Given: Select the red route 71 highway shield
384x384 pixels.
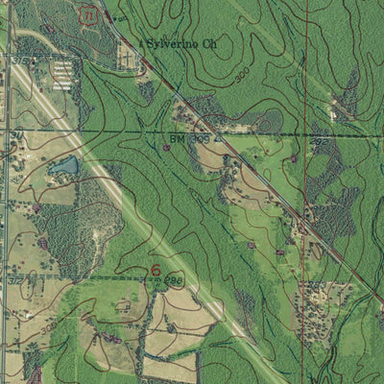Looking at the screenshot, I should coord(89,16).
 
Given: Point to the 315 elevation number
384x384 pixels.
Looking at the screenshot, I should coord(17,60).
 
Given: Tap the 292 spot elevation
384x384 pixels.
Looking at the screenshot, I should coord(319,140).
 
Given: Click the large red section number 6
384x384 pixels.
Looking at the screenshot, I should coord(156,270).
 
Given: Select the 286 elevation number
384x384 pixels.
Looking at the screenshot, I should coord(174,280).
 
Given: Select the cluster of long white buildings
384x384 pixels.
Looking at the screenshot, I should coord(62,73).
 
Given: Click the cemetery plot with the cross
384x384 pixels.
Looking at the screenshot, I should coord(126,58).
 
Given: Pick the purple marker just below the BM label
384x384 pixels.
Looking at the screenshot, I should coord(166,147).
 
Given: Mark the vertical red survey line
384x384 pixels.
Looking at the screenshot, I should coord(302,240).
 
